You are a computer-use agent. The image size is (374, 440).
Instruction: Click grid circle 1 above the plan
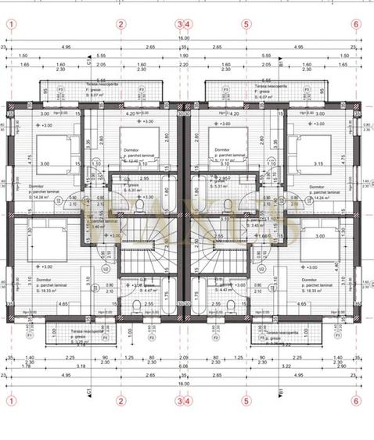pos(11,23)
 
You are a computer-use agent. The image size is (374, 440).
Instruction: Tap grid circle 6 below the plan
pos(356,401)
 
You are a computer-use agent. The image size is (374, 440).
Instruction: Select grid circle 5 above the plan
pos(246,23)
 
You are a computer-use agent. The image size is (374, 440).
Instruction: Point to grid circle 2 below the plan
pos(120,401)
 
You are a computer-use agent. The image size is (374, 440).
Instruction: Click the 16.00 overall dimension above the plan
pos(183,38)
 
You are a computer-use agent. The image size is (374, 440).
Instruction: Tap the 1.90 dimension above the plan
pos(183,56)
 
